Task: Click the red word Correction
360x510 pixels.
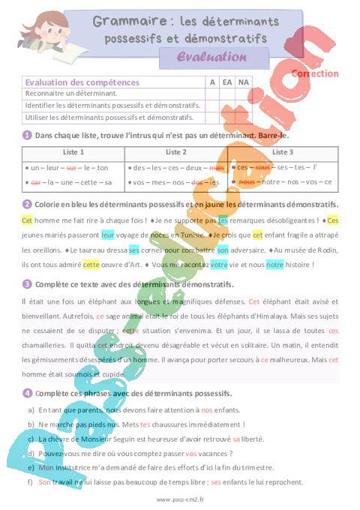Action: coord(314,73)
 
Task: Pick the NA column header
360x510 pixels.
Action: coord(242,82)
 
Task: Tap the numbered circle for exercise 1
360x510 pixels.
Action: coord(27,135)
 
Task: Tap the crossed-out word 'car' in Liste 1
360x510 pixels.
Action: coord(35,182)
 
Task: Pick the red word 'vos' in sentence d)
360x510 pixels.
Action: coord(190,453)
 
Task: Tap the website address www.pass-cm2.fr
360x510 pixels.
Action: coord(180,499)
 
